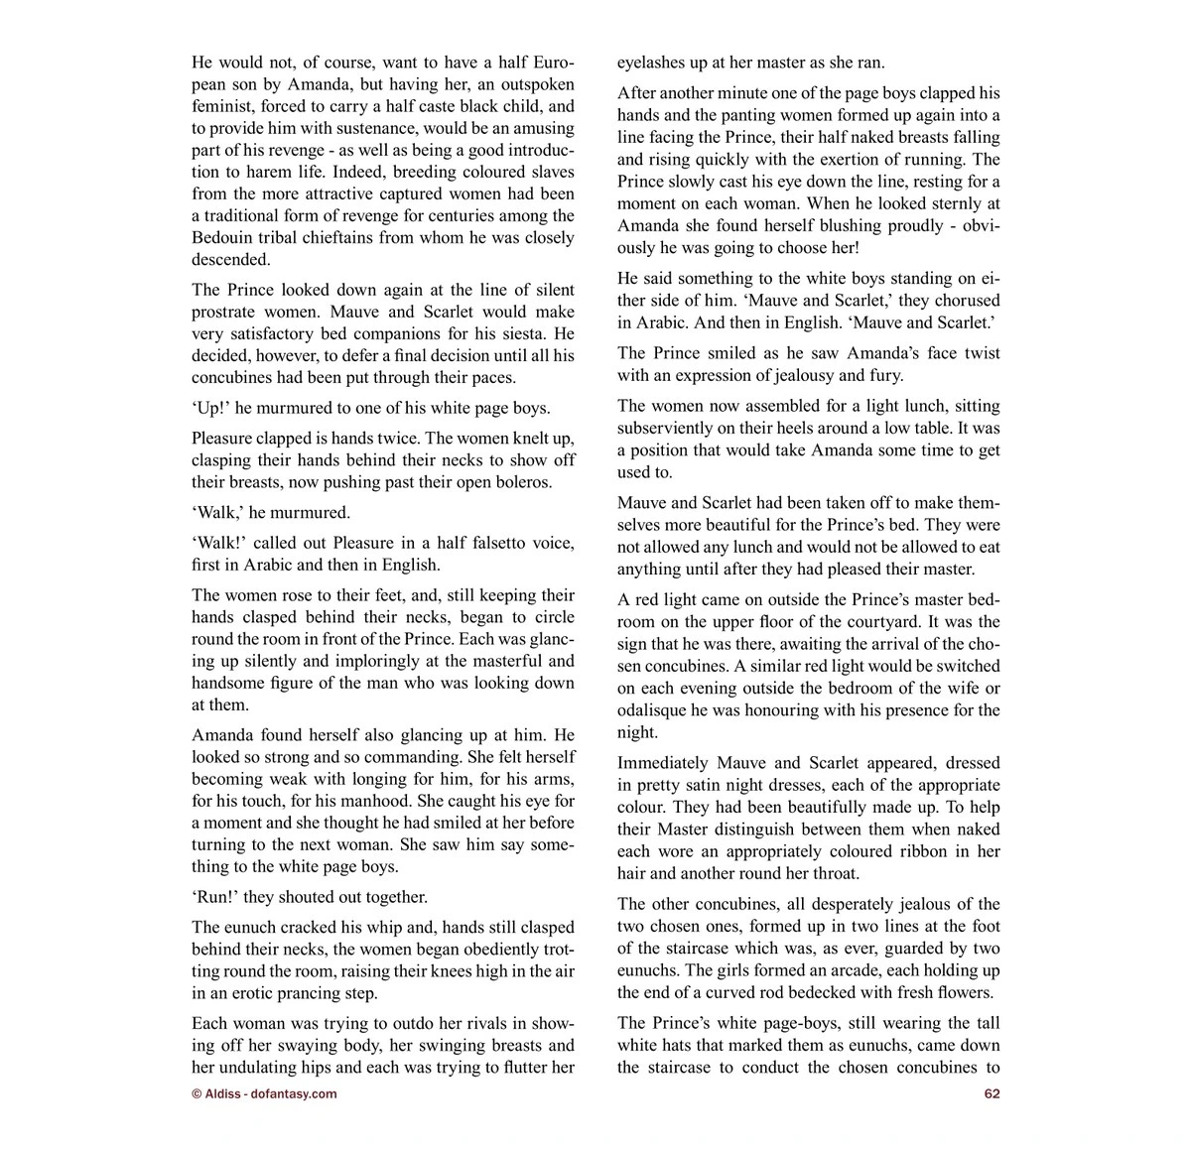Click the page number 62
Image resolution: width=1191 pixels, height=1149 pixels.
click(x=992, y=1093)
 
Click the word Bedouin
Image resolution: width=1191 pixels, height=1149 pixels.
click(x=223, y=238)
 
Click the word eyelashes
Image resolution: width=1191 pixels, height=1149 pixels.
click(x=652, y=63)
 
